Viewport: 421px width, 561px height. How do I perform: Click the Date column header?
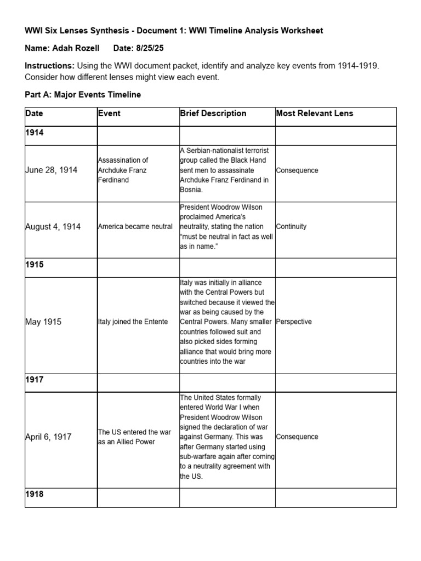coord(34,114)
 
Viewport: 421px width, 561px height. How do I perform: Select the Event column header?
coord(110,114)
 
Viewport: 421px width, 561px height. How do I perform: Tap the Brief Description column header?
coord(213,114)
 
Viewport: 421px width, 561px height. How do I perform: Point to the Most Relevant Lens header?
coord(315,114)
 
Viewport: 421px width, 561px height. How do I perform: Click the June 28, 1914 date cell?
coord(52,170)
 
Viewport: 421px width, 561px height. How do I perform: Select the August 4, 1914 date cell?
coord(53,227)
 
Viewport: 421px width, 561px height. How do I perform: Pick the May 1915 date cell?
coord(43,322)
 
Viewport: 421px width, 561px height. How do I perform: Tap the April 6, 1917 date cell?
coord(48,437)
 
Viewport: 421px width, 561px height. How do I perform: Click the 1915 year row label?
coord(34,265)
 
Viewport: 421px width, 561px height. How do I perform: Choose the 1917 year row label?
coord(34,379)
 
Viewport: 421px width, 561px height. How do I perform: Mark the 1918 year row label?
coord(34,494)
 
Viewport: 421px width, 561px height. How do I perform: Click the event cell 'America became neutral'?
coord(135,227)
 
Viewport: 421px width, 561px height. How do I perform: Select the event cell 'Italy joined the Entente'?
coord(133,322)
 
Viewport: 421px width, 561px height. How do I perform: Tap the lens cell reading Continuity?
coord(292,227)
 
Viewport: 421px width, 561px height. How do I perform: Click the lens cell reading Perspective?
coord(294,322)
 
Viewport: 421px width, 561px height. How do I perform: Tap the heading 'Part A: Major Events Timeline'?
coord(83,95)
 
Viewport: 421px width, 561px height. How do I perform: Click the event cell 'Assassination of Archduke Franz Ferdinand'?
coord(123,170)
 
